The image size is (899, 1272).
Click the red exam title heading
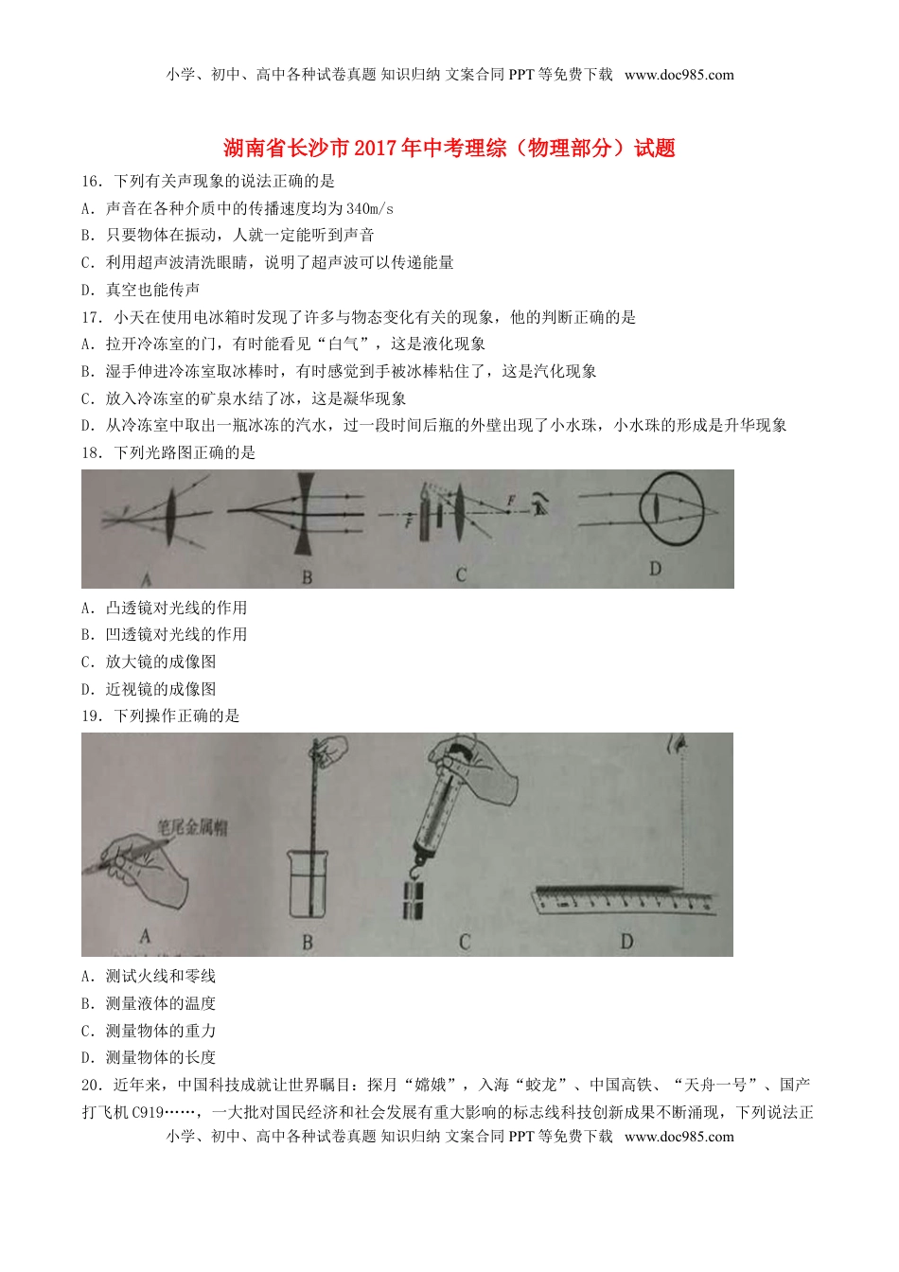point(449,148)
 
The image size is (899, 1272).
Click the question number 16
point(91,181)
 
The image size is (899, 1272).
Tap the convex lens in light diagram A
point(171,517)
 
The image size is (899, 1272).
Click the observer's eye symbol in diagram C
point(540,505)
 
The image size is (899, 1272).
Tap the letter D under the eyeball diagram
point(655,569)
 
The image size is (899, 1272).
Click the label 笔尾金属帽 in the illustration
point(192,829)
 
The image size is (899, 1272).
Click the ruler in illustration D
point(625,899)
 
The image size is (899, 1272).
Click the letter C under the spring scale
point(464,942)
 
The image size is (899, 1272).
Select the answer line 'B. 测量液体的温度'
point(149,1003)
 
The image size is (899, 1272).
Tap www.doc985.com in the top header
point(679,75)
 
